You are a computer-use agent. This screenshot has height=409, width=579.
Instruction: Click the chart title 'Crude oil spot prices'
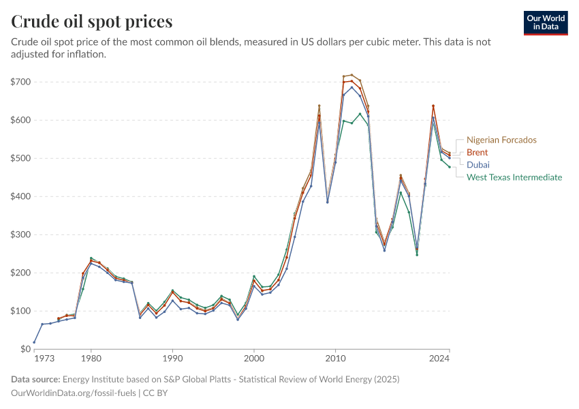pyautogui.click(x=91, y=22)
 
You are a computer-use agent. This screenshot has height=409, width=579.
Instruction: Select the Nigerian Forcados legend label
pyautogui.click(x=501, y=140)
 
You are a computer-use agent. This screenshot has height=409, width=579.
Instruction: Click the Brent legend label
pyautogui.click(x=477, y=153)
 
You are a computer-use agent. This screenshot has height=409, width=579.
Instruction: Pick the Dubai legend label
pyautogui.click(x=478, y=165)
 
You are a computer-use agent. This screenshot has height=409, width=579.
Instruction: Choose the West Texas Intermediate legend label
pyautogui.click(x=514, y=177)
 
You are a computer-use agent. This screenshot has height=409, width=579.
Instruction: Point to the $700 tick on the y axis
pyautogui.click(x=21, y=82)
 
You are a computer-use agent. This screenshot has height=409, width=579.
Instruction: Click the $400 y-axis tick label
pyautogui.click(x=21, y=196)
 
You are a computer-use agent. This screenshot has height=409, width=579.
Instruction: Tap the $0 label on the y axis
pyautogui.click(x=25, y=349)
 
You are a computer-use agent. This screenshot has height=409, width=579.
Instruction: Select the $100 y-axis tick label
pyautogui.click(x=21, y=311)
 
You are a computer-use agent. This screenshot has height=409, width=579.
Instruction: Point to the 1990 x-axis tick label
pyautogui.click(x=172, y=358)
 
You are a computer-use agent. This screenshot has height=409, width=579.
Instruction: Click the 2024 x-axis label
pyautogui.click(x=439, y=358)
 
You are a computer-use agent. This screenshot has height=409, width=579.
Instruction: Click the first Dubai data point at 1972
pyautogui.click(x=34, y=342)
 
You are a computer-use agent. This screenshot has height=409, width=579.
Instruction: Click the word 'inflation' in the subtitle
pyautogui.click(x=84, y=55)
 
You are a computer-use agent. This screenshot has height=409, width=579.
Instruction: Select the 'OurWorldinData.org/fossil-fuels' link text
pyautogui.click(x=74, y=393)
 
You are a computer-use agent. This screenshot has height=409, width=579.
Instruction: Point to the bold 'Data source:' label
pyautogui.click(x=35, y=379)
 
